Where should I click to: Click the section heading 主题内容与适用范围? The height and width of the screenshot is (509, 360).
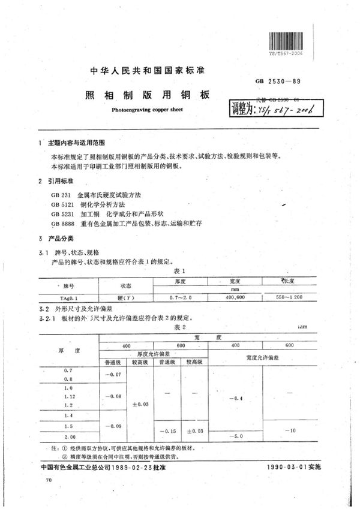click(x=76, y=144)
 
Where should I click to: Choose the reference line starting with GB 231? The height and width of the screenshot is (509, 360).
click(x=97, y=195)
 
